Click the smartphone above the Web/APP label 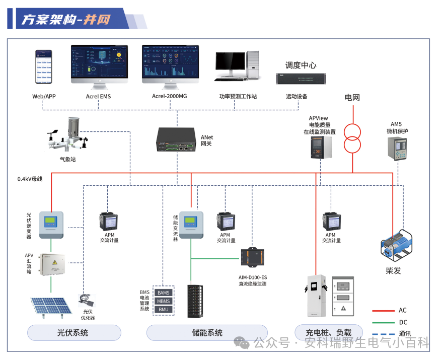coord(44,66)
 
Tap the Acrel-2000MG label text coord(170,96)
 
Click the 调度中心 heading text coord(301,65)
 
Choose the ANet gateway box coord(177,139)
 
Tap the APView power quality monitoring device coord(321,148)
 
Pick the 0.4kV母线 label coord(30,179)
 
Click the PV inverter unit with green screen coord(52,224)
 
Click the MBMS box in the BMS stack coord(164,301)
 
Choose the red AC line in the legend coord(383,311)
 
